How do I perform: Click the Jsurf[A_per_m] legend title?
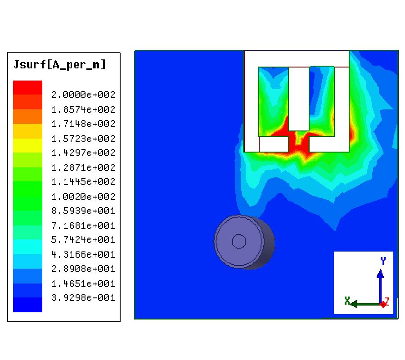click(60, 64)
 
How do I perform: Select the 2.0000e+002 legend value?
click(83, 95)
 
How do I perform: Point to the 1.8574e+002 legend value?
click(83, 110)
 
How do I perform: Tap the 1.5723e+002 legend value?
click(83, 139)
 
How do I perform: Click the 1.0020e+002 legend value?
click(83, 197)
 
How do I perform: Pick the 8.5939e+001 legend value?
click(83, 211)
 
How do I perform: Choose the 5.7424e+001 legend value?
click(83, 240)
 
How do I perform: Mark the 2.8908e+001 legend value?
click(83, 269)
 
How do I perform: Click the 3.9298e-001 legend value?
click(83, 297)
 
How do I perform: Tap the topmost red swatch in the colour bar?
click(27, 88)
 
